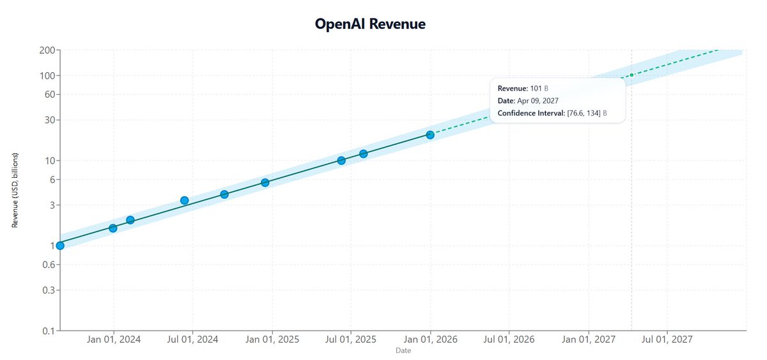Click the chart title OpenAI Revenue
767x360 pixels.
tap(370, 24)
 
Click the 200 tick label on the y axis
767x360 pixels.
tap(48, 50)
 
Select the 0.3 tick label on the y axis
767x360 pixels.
tap(49, 290)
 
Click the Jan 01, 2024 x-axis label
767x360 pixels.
tap(114, 340)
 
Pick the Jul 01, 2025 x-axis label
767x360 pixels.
tap(350, 340)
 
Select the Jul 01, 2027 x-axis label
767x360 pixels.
tap(667, 340)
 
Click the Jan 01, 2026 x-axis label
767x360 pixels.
tap(430, 340)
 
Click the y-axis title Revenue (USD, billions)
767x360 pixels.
tap(15, 191)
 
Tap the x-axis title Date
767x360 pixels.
tap(403, 351)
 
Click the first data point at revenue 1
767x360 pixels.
tap(60, 246)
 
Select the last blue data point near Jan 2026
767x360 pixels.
tap(430, 135)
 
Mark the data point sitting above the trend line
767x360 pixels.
tap(184, 201)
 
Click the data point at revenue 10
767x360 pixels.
tap(341, 160)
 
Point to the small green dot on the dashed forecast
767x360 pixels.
tap(631, 75)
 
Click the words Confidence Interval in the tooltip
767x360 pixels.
tap(531, 113)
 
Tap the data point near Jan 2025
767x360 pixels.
tap(265, 183)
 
